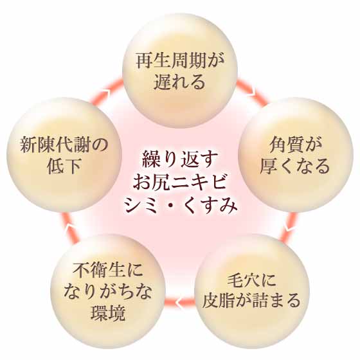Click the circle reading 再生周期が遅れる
point(180,70)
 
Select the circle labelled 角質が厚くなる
point(296,155)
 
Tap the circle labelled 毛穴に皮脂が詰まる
point(252,291)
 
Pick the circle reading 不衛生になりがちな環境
point(108,291)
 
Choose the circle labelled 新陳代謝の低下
point(64,155)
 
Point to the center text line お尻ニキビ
point(179,182)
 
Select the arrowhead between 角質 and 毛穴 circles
point(289,228)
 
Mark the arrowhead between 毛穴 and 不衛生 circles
point(179,302)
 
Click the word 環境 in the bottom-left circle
point(108,313)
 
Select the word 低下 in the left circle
point(64,166)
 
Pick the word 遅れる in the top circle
point(179,82)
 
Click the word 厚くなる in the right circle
point(295,166)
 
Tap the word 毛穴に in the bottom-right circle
point(252,280)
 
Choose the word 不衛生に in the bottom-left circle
point(108,269)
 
